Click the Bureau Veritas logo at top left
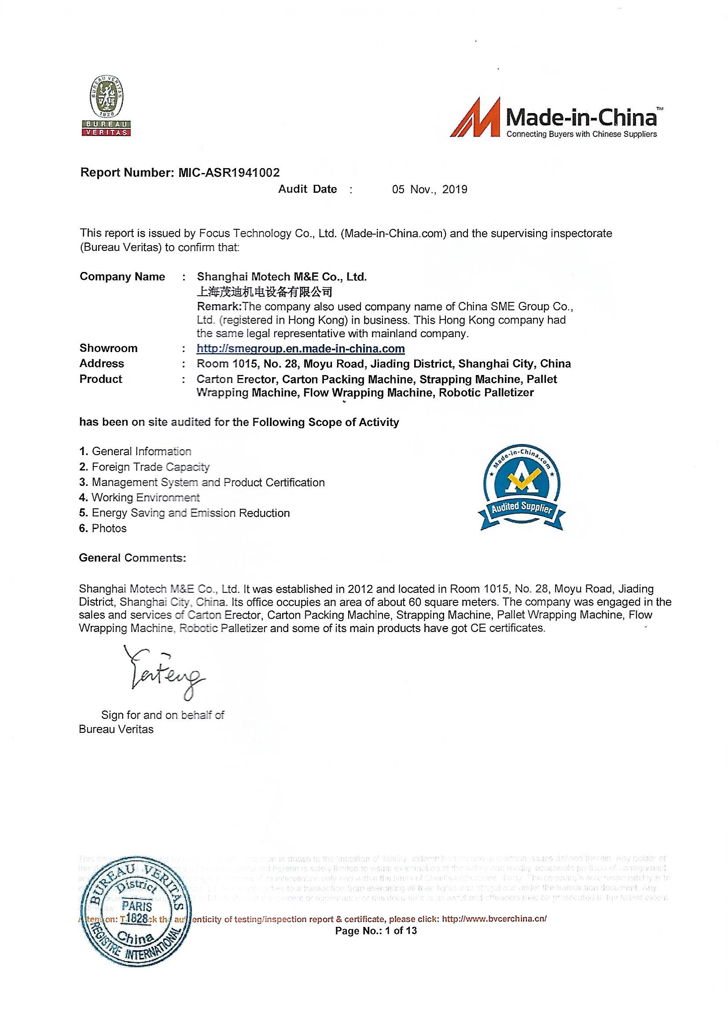point(106,106)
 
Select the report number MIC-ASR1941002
point(229,173)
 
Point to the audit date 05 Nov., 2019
point(430,190)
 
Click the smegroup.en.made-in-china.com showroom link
point(301,349)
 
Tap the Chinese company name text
point(265,292)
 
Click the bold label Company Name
point(122,276)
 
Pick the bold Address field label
point(102,364)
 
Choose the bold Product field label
point(101,379)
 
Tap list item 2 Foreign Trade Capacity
point(144,467)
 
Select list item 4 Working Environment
point(140,497)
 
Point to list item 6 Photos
point(103,529)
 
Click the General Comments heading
point(132,558)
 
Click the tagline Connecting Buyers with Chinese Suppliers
point(581,134)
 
